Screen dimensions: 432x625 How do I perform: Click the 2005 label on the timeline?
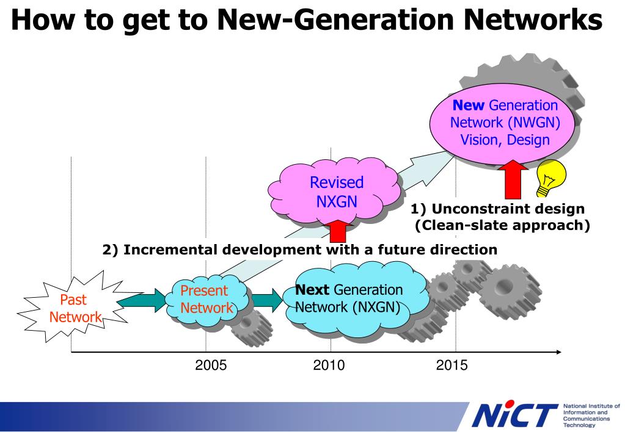click(x=211, y=365)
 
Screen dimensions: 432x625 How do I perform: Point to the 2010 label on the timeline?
click(x=329, y=365)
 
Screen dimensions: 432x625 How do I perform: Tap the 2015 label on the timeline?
click(x=451, y=365)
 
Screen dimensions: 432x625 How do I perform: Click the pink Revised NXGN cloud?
click(x=337, y=190)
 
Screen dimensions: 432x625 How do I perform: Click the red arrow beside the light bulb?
click(x=513, y=181)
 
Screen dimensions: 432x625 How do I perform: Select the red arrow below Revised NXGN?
click(x=337, y=232)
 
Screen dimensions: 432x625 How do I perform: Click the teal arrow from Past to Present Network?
click(x=140, y=299)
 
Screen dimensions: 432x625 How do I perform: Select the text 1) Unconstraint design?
click(x=498, y=209)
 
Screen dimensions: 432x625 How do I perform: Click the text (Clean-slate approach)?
click(x=502, y=226)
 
